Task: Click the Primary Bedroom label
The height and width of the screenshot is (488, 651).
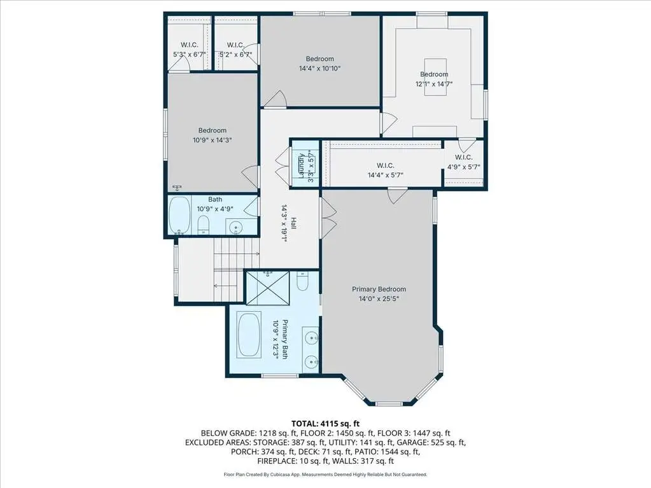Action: click(379, 289)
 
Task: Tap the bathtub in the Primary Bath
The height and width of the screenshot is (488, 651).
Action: click(249, 335)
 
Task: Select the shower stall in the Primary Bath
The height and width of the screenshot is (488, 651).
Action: click(267, 288)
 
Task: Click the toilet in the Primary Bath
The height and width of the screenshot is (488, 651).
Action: click(303, 281)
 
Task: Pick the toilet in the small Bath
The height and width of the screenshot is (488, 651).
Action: click(203, 225)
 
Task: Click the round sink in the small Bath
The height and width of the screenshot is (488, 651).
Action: click(236, 227)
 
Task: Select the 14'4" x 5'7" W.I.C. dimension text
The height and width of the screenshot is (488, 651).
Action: click(385, 175)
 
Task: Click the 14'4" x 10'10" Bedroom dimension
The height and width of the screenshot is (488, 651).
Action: click(319, 69)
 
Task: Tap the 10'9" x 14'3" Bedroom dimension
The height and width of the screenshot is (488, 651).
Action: click(212, 140)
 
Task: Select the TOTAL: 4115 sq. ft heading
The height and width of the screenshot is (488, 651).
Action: click(326, 424)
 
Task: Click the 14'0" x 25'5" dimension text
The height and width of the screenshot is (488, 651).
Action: click(379, 299)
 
